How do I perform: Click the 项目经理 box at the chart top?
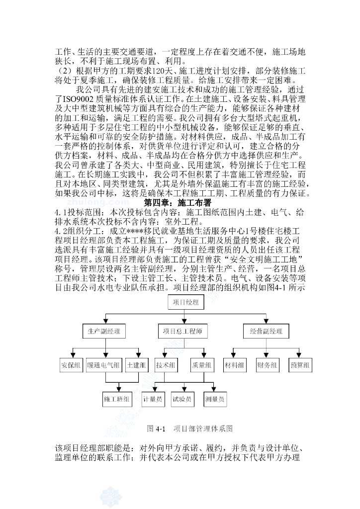185,302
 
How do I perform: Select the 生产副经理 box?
104,332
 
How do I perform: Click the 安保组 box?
71,366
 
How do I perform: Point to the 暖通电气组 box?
103,366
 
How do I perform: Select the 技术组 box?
166,366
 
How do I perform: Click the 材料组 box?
234,366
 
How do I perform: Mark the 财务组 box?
267,366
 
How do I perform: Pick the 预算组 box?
300,366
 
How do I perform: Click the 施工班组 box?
117,399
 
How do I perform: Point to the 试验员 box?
182,399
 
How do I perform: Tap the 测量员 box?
215,399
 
